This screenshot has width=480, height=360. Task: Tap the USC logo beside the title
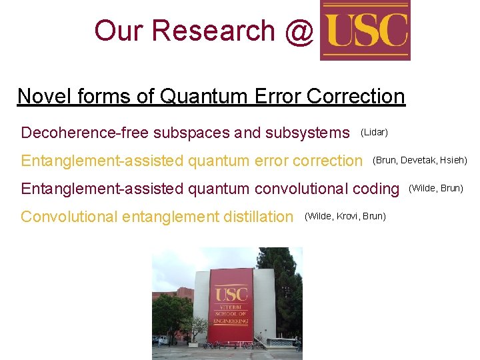click(365, 31)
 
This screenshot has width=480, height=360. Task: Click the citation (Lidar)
click(374, 133)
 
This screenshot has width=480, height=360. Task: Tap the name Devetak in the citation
click(418, 160)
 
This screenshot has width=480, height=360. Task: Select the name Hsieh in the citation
click(453, 160)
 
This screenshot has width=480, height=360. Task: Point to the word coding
click(375, 189)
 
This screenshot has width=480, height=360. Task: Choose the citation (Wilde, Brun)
click(435, 188)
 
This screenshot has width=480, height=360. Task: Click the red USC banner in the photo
click(231, 305)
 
